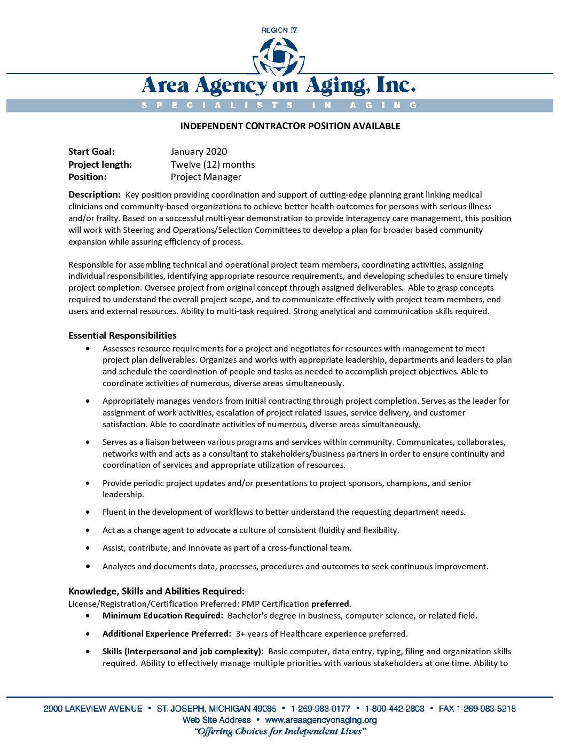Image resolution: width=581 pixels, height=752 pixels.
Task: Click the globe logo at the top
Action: coord(279,56)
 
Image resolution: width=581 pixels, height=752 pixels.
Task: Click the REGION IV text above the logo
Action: coord(279,30)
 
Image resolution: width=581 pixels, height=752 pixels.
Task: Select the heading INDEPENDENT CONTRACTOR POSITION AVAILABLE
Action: coord(290,126)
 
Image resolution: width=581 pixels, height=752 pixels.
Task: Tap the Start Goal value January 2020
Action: coord(199,152)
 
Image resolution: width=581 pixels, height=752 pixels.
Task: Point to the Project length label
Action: coord(100,164)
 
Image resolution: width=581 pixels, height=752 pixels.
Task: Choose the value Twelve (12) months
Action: coord(213,164)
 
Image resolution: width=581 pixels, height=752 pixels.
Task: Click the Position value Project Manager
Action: coord(206,177)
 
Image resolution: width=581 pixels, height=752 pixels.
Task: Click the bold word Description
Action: coord(94,194)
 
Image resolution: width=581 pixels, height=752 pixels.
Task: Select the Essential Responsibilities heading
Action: coord(122,335)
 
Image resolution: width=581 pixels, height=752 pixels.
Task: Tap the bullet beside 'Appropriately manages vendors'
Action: coord(88,401)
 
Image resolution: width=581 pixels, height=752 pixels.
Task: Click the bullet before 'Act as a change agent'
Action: coord(88,530)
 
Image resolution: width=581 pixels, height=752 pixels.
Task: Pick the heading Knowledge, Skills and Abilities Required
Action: coord(156,591)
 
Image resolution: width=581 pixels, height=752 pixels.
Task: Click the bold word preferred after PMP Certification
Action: coord(330,604)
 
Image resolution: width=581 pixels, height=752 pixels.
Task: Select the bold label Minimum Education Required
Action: coord(162,616)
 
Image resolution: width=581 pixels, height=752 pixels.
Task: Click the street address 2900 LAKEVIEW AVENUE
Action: coord(93,709)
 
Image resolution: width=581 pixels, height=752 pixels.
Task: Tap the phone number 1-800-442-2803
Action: coord(395,709)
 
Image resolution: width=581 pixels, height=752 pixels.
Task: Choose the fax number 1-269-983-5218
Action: coord(486,709)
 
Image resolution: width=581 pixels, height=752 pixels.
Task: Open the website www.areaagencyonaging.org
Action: coord(320,720)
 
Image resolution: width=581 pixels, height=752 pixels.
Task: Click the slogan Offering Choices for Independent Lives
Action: coord(280,732)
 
